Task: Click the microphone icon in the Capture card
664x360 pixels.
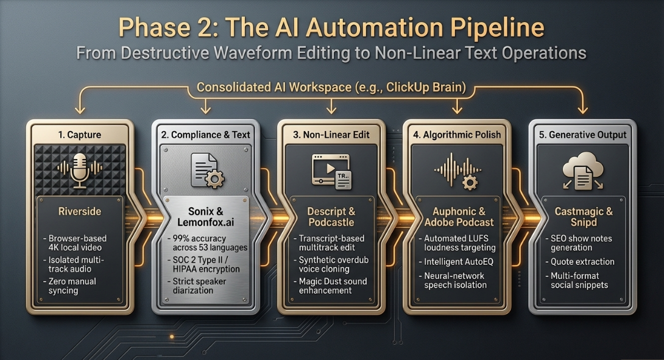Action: point(80,171)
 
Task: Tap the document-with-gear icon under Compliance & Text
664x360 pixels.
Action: point(207,171)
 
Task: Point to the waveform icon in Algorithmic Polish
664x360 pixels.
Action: point(457,171)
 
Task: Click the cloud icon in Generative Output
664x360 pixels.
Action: point(583,171)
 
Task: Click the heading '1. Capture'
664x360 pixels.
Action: point(80,135)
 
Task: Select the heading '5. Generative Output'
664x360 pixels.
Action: point(582,135)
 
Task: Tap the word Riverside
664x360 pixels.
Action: point(80,211)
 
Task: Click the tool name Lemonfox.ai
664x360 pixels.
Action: point(205,222)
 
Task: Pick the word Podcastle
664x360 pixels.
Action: point(331,222)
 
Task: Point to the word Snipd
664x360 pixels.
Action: point(584,222)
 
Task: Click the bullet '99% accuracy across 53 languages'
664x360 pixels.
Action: point(208,243)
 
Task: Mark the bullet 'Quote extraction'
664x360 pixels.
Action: point(580,262)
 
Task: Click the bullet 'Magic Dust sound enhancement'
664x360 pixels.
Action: point(330,286)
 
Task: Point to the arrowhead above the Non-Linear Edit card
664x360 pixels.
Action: point(331,110)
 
